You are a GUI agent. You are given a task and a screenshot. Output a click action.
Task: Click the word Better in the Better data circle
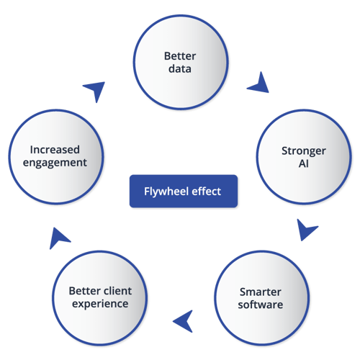coord(180,56)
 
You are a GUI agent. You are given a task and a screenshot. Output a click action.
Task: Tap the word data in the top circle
coord(180,69)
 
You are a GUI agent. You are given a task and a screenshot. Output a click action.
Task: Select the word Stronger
coord(304,151)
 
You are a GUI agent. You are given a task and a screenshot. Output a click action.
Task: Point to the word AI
coord(304,164)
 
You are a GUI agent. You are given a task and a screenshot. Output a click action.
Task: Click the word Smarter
coord(261,292)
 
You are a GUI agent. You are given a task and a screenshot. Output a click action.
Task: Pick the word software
coord(261,305)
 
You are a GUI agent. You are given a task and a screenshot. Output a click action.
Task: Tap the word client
coord(117,291)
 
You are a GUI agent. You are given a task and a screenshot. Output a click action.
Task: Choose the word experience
coord(100,305)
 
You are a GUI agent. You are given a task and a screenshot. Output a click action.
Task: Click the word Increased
coord(55,150)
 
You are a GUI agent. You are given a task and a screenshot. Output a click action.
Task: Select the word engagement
coord(55,163)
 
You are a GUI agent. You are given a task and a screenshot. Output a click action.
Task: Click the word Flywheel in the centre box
coord(163,192)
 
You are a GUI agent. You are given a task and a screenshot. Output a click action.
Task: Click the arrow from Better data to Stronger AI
coord(258,84)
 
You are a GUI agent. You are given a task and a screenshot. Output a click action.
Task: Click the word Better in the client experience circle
coord(84,291)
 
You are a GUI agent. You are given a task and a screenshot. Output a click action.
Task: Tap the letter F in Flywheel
coord(146,192)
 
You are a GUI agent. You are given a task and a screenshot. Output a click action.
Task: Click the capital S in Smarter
coord(243,292)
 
